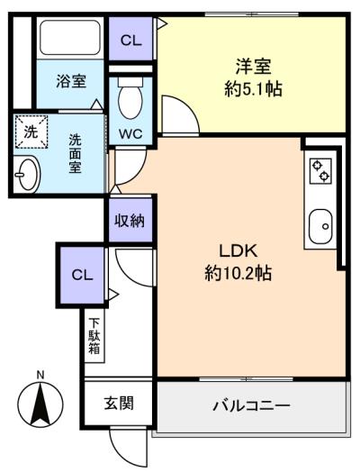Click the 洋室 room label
pos(253,67)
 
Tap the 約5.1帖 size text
pos(253,88)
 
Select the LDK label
pos(238,250)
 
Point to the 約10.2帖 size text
pos(238,273)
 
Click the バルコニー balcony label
pos(251,405)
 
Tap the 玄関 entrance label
pos(119,403)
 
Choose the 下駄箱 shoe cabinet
pos(94,336)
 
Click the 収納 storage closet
pos(130,221)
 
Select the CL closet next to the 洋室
pos(130,39)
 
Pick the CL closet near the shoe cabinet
pos(82,275)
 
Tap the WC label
pos(130,133)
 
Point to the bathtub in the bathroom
pos(70,37)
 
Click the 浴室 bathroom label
pos(71,81)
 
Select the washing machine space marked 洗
pos(31,132)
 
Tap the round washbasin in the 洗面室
pos(27,174)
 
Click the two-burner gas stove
pos(320,170)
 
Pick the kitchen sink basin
pos(321,226)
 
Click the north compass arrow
pos(40,403)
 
